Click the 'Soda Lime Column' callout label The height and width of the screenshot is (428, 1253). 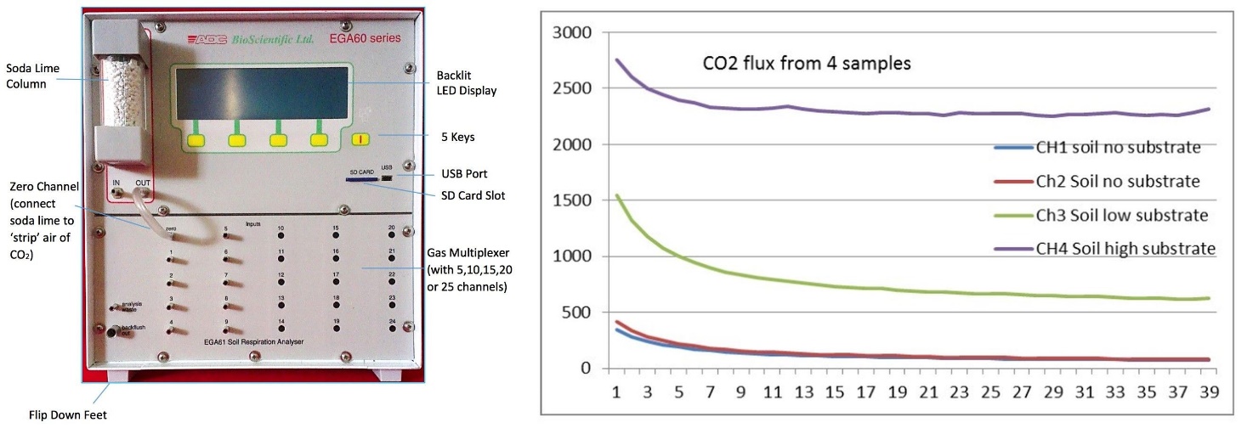click(x=28, y=75)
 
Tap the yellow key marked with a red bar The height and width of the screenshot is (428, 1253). click(x=362, y=138)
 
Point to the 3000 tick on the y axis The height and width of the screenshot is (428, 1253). click(x=570, y=33)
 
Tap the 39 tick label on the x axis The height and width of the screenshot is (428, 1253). click(x=1209, y=394)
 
